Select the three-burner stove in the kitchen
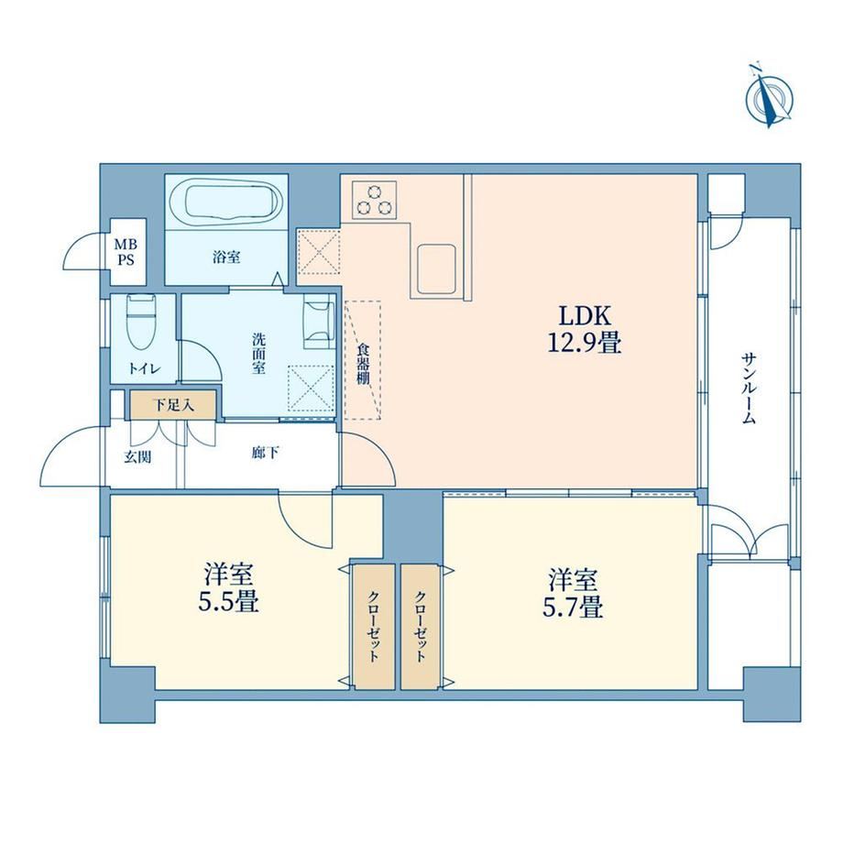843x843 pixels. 375,200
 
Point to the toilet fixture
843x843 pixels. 141,322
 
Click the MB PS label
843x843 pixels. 126,252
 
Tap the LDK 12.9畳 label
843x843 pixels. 585,329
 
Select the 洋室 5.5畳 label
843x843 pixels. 228,588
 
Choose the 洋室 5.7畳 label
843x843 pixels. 573,594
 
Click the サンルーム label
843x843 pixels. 749,389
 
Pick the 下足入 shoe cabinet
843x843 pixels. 173,405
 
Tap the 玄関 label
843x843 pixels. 137,457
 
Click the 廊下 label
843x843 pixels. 265,454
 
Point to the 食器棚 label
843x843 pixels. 363,364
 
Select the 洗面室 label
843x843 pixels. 259,354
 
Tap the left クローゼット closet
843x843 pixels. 374,627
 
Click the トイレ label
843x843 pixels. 144,368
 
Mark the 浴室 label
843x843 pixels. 225,257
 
